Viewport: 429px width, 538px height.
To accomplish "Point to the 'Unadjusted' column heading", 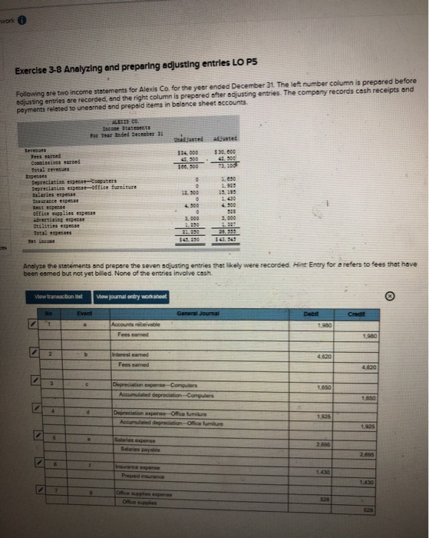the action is (191, 138).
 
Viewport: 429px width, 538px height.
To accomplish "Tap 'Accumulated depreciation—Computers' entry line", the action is (163, 394).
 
